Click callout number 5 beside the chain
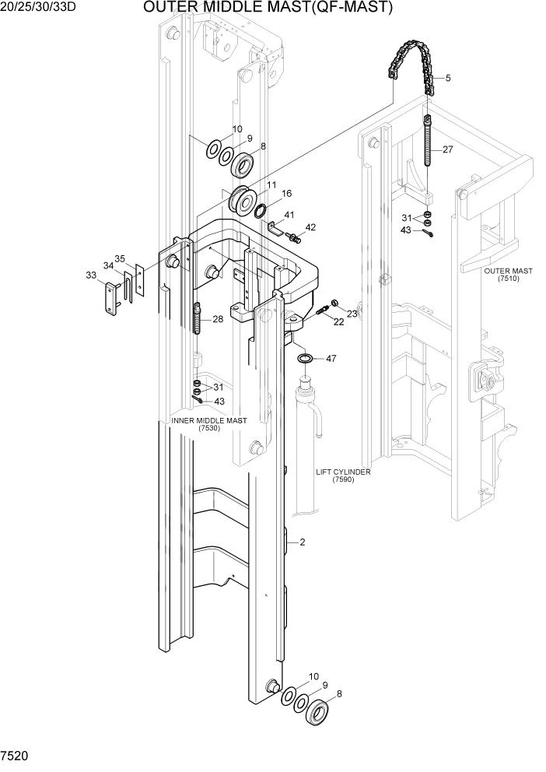point(447,78)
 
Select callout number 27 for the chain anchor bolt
point(447,149)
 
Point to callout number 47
point(331,359)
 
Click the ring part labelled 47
point(306,358)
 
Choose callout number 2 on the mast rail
point(303,542)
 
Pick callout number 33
point(91,275)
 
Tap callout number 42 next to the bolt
point(310,227)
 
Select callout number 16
point(287,193)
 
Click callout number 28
point(218,320)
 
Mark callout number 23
point(352,314)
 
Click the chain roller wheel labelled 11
point(243,201)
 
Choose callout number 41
point(289,215)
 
